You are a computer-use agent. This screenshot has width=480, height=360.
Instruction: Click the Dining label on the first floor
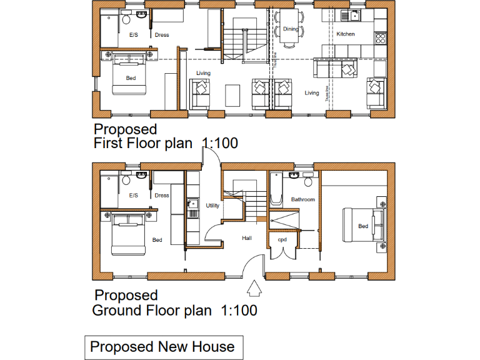pyautogui.click(x=291, y=29)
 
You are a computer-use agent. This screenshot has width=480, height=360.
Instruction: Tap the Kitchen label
pyautogui.click(x=346, y=34)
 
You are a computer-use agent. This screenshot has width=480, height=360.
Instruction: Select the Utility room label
pyautogui.click(x=212, y=205)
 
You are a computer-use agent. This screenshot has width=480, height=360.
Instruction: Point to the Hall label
pyautogui.click(x=247, y=238)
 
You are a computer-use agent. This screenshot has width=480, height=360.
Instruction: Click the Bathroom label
pyautogui.click(x=302, y=199)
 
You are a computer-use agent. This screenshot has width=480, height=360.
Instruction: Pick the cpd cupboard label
pyautogui.click(x=282, y=239)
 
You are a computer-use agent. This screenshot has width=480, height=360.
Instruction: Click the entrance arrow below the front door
pyautogui.click(x=254, y=289)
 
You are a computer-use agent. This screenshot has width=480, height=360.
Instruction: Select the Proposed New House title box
pyautogui.click(x=162, y=347)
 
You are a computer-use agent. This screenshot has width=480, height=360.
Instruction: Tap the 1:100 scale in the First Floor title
pyautogui.click(x=219, y=143)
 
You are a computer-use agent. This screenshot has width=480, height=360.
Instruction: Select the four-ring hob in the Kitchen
pyautogui.click(x=380, y=37)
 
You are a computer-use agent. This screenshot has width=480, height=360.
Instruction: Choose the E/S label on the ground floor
pyautogui.click(x=133, y=195)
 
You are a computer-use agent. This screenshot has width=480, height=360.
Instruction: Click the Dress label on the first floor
pyautogui.click(x=162, y=35)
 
